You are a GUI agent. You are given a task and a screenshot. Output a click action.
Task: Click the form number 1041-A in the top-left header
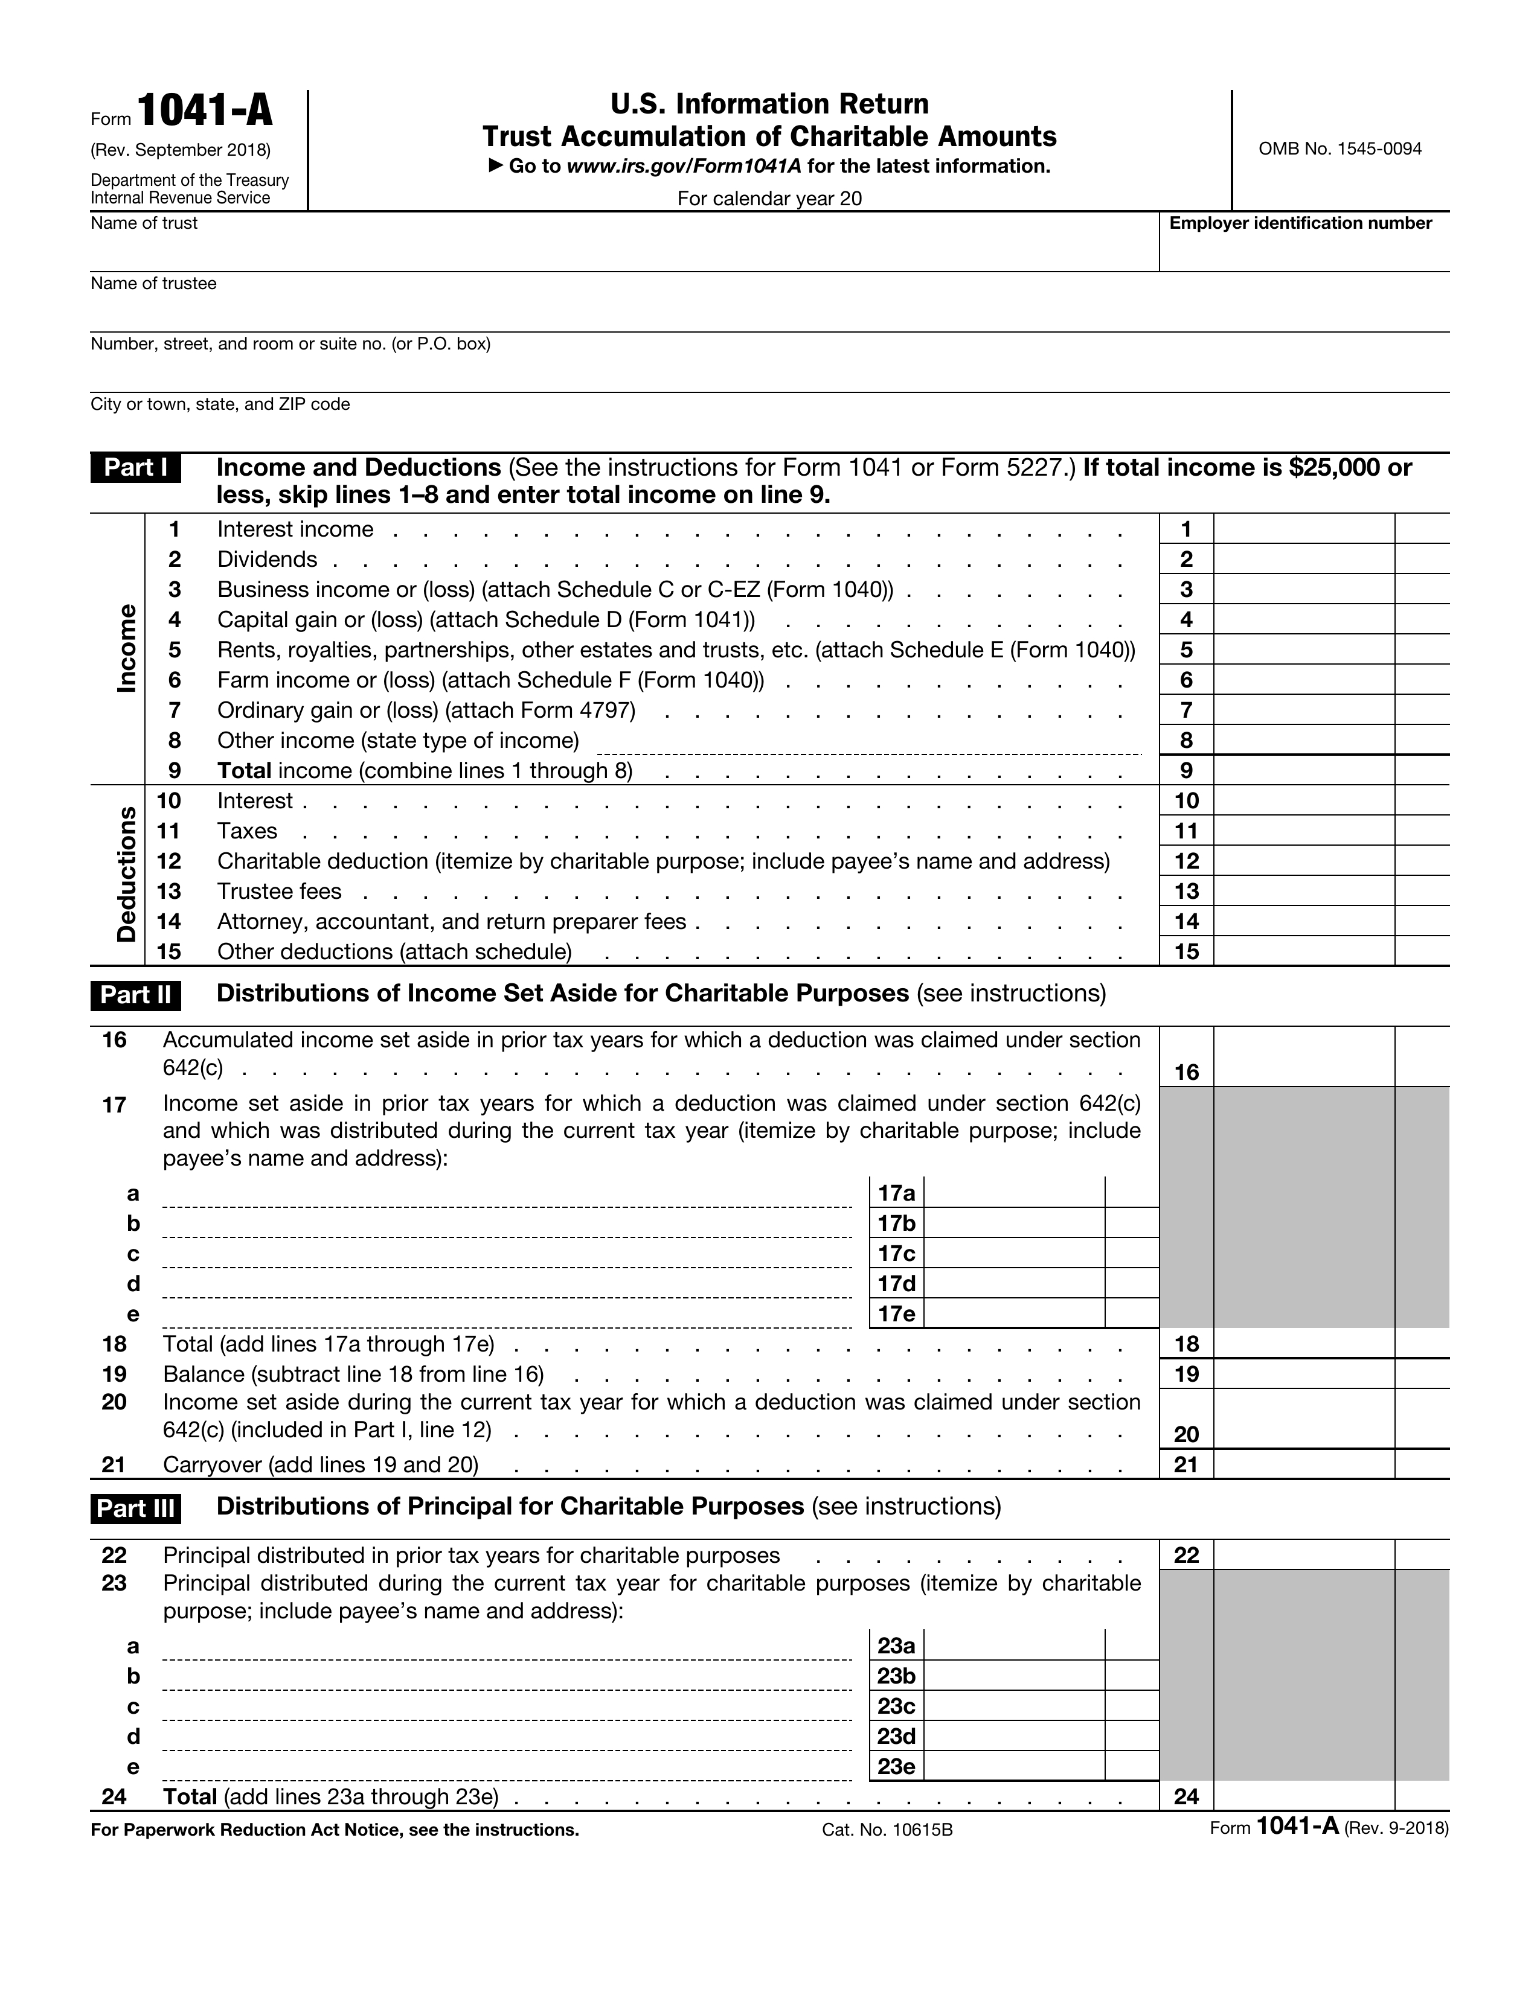pyautogui.click(x=204, y=111)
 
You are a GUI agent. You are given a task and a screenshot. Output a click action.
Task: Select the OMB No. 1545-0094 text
pyautogui.click(x=1339, y=148)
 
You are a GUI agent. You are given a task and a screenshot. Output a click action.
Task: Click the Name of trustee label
pyautogui.click(x=153, y=284)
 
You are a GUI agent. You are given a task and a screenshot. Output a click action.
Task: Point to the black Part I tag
pyautogui.click(x=135, y=468)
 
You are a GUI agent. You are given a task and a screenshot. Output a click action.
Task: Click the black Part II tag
pyautogui.click(x=135, y=995)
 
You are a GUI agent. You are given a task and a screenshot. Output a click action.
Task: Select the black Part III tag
pyautogui.click(x=135, y=1508)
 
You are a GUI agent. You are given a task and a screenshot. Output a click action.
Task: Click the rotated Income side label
pyautogui.click(x=127, y=648)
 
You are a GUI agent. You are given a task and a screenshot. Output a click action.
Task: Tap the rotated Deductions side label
pyautogui.click(x=127, y=875)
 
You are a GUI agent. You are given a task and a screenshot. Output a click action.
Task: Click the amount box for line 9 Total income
pyautogui.click(x=1303, y=771)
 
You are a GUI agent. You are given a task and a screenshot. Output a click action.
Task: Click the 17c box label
pyautogui.click(x=896, y=1254)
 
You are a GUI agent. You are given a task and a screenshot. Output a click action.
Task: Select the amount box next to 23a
pyautogui.click(x=1013, y=1646)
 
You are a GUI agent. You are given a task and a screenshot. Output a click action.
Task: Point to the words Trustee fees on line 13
pyautogui.click(x=279, y=891)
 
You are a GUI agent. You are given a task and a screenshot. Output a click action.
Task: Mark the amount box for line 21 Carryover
pyautogui.click(x=1303, y=1465)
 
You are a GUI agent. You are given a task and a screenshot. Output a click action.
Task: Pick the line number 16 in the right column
pyautogui.click(x=1186, y=1073)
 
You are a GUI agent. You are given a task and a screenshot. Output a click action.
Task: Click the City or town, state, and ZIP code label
pyautogui.click(x=220, y=404)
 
